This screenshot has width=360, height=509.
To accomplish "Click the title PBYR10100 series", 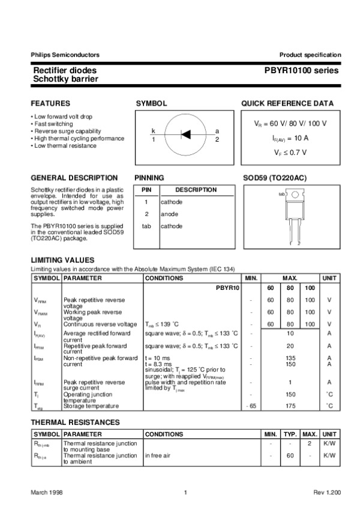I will tap(301, 70).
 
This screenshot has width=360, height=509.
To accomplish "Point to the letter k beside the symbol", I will tap(153, 131).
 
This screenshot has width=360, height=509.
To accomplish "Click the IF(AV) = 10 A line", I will tap(290, 137).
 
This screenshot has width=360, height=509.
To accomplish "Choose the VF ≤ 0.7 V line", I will tap(290, 152).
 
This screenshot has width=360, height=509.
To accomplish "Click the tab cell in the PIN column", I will tap(146, 226).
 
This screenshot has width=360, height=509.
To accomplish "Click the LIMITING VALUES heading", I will tap(62, 259).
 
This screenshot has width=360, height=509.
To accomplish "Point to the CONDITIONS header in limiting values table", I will tap(164, 279).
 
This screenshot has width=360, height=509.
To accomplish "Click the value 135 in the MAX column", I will tap(290, 358).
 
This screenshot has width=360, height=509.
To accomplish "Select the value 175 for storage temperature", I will tap(290, 406).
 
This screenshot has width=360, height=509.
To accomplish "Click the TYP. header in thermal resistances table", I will tap(290, 434).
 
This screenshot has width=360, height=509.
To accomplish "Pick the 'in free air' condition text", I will tap(158, 456).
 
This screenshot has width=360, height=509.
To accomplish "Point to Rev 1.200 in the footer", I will tap(326, 492).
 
